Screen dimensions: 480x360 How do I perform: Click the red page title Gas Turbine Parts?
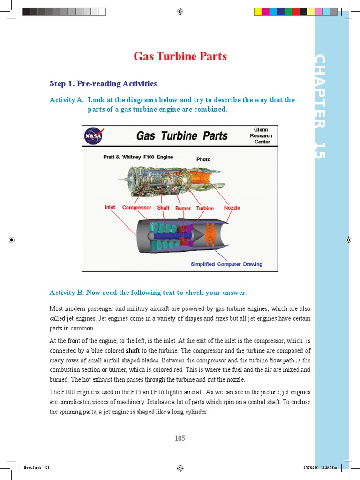(x=180, y=57)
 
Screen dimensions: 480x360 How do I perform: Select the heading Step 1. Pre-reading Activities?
(x=103, y=84)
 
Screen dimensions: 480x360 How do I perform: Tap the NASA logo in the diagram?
(x=93, y=136)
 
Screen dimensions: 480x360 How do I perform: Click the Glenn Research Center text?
(x=261, y=135)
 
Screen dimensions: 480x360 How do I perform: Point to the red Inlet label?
(x=110, y=207)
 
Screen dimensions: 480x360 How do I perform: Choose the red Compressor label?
(x=136, y=207)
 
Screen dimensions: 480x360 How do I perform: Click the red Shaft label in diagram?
(x=163, y=207)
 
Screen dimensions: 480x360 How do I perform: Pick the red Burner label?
(x=183, y=208)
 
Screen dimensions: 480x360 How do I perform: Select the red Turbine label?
(x=205, y=208)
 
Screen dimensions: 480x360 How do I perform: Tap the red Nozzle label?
(x=232, y=207)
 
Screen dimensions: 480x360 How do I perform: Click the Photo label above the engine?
(x=203, y=159)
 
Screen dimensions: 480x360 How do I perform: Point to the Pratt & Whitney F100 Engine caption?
(x=138, y=157)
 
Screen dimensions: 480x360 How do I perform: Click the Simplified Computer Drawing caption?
(x=226, y=264)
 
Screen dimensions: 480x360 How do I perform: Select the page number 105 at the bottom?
(x=180, y=438)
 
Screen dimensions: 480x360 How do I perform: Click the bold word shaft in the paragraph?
(x=133, y=351)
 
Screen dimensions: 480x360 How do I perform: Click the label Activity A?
(x=66, y=100)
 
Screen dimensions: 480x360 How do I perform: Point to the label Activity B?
(x=66, y=292)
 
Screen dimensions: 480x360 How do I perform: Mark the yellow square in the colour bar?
(x=257, y=11)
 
